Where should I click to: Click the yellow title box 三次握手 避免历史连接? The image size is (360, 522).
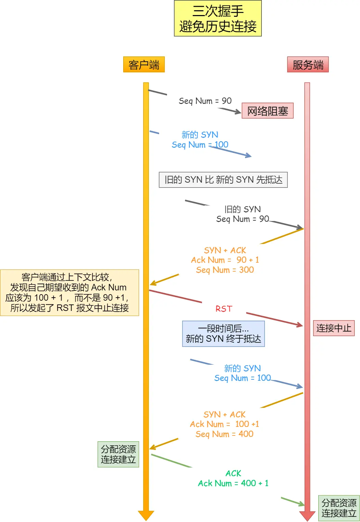[218, 18]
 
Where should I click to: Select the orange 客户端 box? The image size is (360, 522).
[144, 65]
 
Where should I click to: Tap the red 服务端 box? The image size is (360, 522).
[308, 65]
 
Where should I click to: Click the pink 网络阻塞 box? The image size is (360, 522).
[267, 111]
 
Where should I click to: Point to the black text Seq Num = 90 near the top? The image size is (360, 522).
[205, 101]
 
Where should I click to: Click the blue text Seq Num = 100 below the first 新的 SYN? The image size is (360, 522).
[200, 145]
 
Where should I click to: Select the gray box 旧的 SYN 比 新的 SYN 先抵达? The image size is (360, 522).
[223, 180]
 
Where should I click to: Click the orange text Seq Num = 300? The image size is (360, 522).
[225, 270]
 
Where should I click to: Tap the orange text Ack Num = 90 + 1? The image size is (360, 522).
[225, 260]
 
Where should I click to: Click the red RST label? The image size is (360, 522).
[223, 309]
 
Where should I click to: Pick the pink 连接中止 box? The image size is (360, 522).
[333, 328]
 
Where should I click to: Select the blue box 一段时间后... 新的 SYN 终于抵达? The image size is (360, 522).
[223, 334]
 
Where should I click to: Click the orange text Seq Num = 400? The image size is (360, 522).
[224, 434]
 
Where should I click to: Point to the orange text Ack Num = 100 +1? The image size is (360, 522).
[224, 424]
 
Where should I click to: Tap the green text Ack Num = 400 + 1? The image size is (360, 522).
[233, 483]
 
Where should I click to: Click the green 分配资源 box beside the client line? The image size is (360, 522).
[118, 454]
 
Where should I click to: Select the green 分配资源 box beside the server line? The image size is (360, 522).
[338, 508]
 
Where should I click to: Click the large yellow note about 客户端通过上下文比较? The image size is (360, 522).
[69, 292]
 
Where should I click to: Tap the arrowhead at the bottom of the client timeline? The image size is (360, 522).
[146, 515]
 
